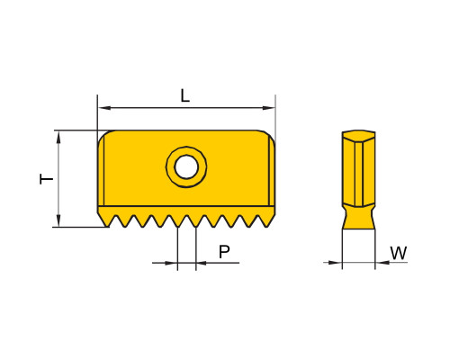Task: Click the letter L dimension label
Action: [185, 96]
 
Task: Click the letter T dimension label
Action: [47, 179]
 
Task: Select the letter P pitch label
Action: [224, 252]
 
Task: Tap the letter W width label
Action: [399, 253]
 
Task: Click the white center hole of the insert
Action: [186, 166]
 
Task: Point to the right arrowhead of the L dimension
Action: [268, 108]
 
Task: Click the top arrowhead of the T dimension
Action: [58, 138]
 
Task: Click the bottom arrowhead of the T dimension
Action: [58, 220]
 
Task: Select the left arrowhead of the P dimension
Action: [171, 263]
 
